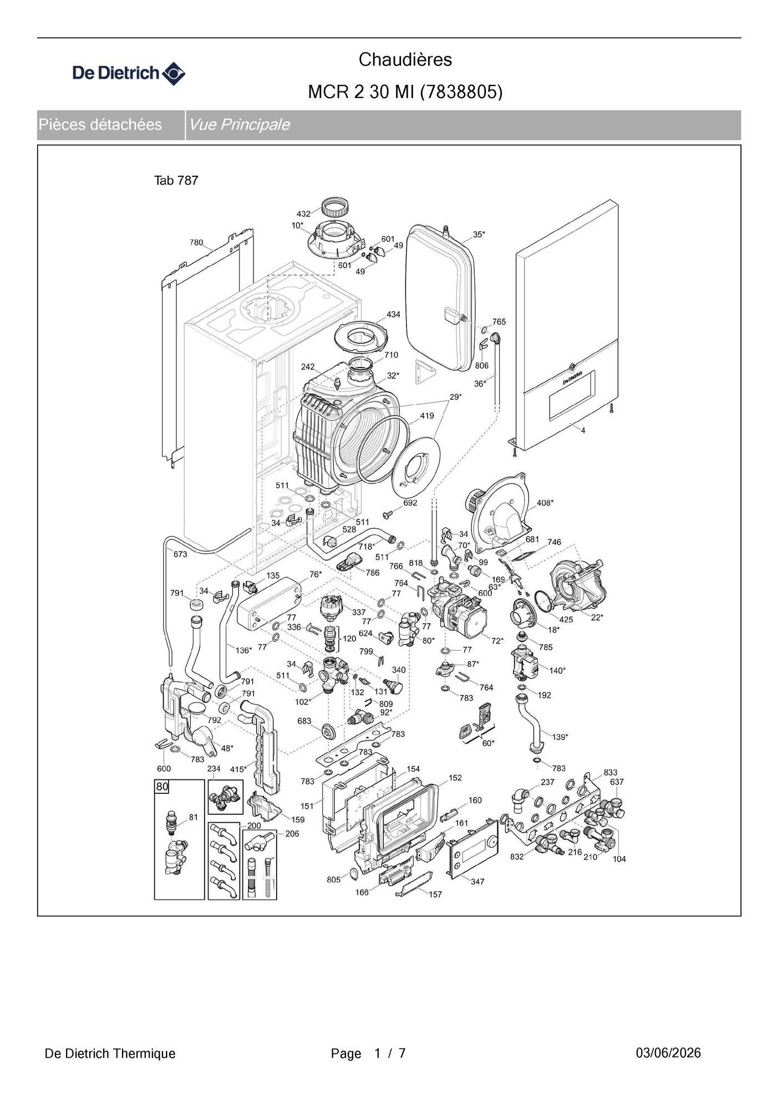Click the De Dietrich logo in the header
pos(129,73)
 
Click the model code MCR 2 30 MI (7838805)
pos(405,92)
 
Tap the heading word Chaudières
pos(405,59)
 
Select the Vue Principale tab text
pos(239,124)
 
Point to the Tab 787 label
pos(176,181)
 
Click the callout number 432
pos(303,214)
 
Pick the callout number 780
pos(196,243)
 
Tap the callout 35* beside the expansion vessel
pos(479,235)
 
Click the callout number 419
pos(426,416)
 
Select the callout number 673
pos(180,554)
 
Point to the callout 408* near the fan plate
pos(545,503)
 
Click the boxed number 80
pos(162,787)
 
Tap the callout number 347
pos(478,881)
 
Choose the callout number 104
pos(619,859)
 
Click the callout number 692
pos(410,503)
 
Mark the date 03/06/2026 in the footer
pos(668,1053)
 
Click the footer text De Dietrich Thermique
pos(110,1053)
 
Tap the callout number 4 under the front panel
pos(583,430)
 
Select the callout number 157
pos(435,894)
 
